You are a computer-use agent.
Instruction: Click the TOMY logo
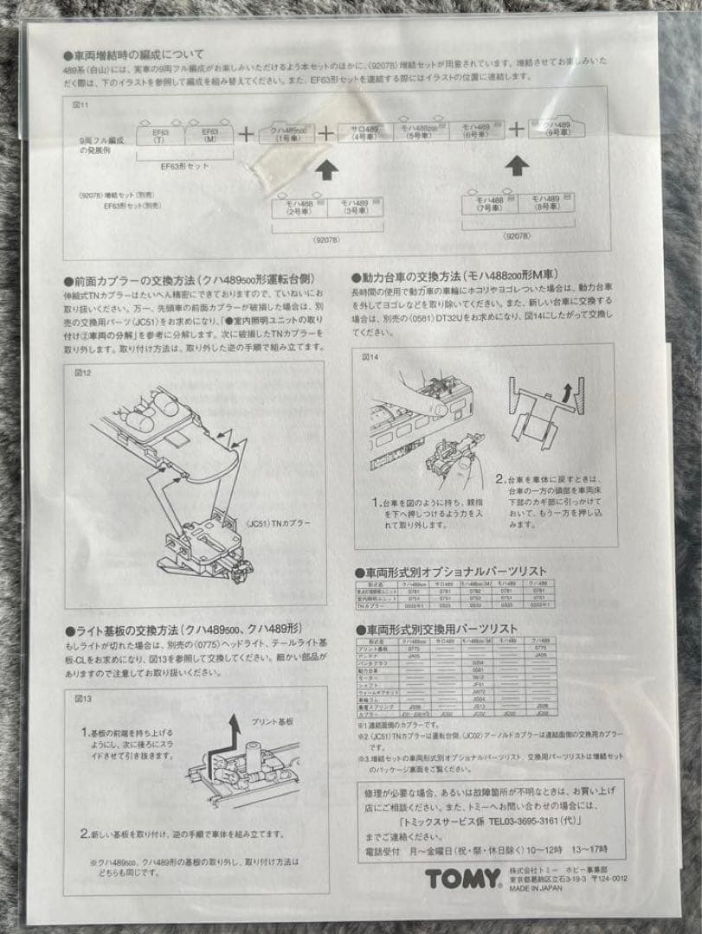[463, 880]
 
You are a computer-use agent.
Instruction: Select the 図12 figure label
[83, 373]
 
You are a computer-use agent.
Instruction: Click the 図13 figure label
[84, 698]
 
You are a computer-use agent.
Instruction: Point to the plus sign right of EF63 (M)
[247, 134]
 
